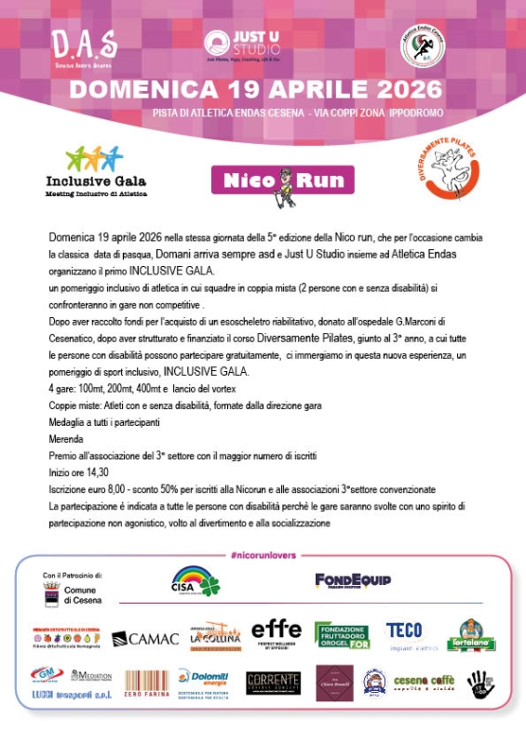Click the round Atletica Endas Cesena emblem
pos(422,46)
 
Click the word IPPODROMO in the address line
pos(411,113)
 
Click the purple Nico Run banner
pos(282,180)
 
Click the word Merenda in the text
pos(66,439)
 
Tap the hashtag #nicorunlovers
pos(262,555)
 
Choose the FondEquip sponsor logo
pos(352,580)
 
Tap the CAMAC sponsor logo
pos(144,638)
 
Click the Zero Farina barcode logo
pos(146,684)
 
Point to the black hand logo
pos(480,684)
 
